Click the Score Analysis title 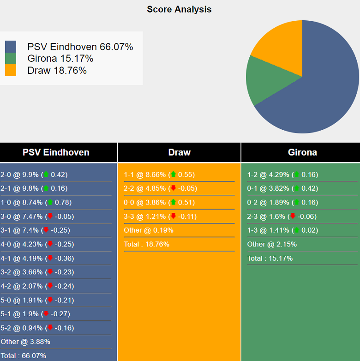coord(179,9)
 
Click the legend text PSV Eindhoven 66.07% coord(80,47)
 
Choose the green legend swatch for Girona coord(11,59)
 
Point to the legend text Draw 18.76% coord(57,71)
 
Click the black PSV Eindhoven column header coord(56,152)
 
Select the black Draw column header coord(179,152)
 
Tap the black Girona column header coord(302,152)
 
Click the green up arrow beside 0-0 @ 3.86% coord(174,203)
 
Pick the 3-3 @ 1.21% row coord(160,217)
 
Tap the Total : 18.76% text coord(146,244)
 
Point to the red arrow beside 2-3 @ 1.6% coord(292,217)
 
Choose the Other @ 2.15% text coord(272,244)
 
